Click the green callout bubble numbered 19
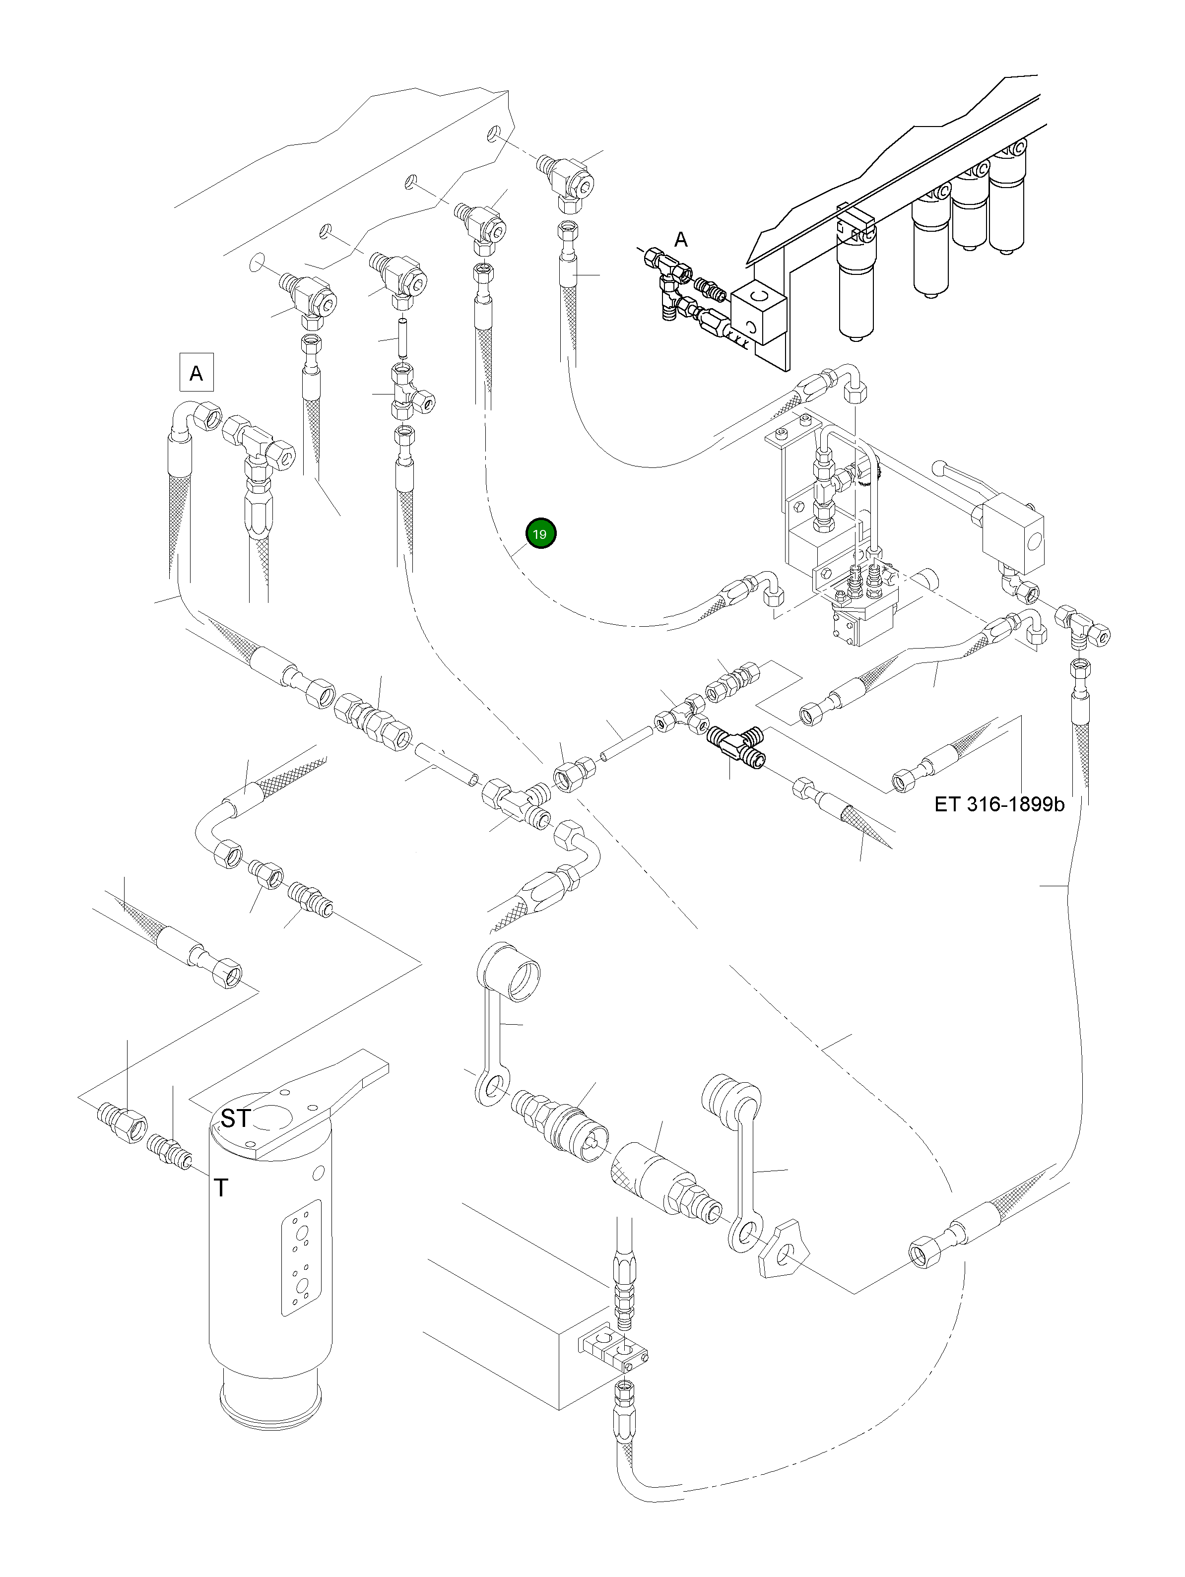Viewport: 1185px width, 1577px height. (540, 533)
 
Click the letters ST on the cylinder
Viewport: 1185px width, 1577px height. (235, 1118)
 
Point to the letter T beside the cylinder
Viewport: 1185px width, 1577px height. (222, 1188)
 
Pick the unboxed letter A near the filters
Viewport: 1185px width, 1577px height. (681, 240)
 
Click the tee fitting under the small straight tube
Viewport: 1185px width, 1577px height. (410, 394)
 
